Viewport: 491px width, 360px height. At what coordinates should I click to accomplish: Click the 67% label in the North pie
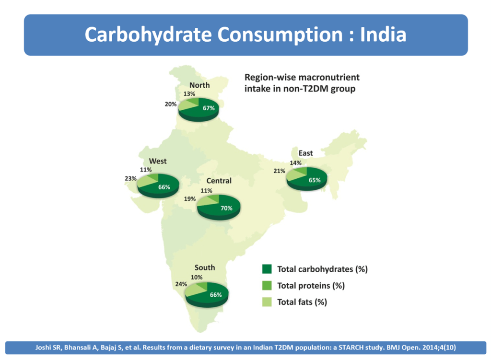coord(208,108)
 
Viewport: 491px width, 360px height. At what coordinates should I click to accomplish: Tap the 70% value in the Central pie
coord(226,208)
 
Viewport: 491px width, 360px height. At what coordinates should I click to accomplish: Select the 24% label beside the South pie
coord(181,284)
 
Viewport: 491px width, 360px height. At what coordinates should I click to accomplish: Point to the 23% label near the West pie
coord(130,179)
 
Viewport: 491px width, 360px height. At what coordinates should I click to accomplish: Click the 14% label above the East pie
coord(295,163)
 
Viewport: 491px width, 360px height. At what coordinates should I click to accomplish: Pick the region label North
coord(199,85)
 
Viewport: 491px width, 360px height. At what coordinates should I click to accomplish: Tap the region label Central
coord(219,181)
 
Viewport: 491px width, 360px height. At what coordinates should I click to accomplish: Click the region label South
coord(205,267)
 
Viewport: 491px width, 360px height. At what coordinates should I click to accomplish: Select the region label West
coord(158,161)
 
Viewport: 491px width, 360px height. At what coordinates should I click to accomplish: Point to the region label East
coord(305,153)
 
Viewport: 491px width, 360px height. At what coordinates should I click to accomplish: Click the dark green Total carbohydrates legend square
coord(267,269)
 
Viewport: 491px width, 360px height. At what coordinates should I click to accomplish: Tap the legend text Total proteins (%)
coord(311,286)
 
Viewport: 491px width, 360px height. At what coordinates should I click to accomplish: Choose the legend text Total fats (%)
coord(302,302)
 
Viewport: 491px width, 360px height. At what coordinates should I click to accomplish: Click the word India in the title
coord(383,35)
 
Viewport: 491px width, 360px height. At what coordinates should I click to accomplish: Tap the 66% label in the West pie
coord(164,187)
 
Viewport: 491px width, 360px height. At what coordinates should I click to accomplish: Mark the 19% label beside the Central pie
coord(190,198)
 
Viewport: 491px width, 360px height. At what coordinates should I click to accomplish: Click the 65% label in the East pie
coord(314,180)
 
